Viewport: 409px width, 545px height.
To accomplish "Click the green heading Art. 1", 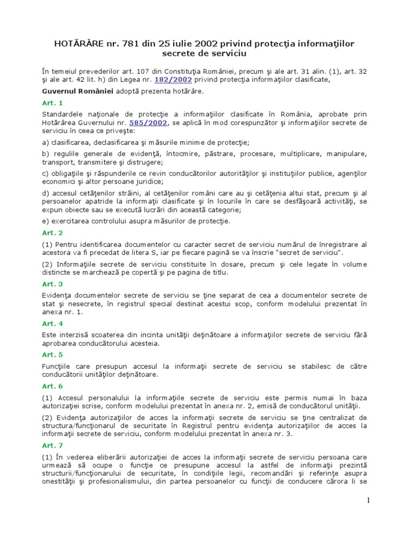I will coord(52,103).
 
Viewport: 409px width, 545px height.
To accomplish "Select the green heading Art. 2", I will coord(52,233).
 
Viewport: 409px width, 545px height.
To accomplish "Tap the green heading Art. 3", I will coord(52,284).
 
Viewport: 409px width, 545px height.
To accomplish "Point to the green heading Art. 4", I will coord(52,323).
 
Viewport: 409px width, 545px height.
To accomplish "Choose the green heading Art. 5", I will coord(52,354).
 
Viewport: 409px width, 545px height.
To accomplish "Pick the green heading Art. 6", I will coord(52,386).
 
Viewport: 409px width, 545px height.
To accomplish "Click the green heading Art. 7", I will coord(52,445).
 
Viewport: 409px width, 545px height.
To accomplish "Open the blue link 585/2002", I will coord(151,122).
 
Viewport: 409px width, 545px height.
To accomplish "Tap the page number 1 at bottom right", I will coord(367,500).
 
